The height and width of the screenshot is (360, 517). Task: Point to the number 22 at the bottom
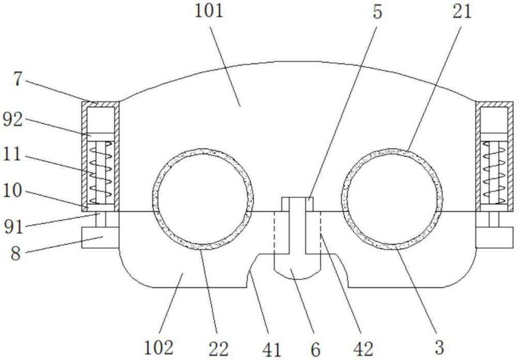coord(218,348)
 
